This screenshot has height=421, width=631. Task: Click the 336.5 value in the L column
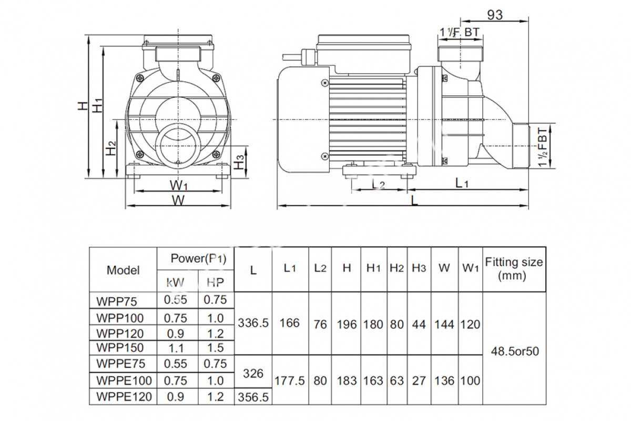(253, 324)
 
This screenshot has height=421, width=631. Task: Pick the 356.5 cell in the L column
(253, 397)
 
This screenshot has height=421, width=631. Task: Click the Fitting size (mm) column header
(514, 268)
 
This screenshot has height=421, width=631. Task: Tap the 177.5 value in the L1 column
(290, 380)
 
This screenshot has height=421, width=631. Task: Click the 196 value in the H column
(347, 324)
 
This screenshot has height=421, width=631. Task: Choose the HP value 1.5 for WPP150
(216, 348)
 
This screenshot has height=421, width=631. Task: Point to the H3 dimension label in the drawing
(240, 163)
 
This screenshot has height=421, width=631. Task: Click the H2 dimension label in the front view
(109, 149)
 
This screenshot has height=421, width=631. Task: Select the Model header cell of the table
(123, 270)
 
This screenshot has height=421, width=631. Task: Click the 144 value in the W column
(444, 324)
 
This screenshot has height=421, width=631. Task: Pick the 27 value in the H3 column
(419, 380)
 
